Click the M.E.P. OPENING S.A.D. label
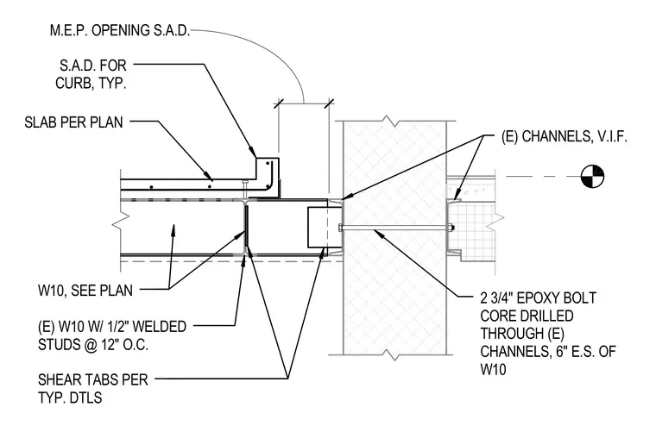pyautogui.click(x=120, y=30)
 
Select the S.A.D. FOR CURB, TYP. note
pyautogui.click(x=91, y=74)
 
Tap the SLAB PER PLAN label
pyautogui.click(x=73, y=122)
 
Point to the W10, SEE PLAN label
pyautogui.click(x=85, y=290)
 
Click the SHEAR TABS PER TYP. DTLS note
pyautogui.click(x=93, y=388)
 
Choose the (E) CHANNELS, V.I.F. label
pyautogui.click(x=565, y=136)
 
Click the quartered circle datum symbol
pyautogui.click(x=593, y=177)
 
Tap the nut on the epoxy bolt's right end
pyautogui.click(x=451, y=229)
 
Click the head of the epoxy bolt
pyautogui.click(x=340, y=229)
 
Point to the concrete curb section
pyautogui.click(x=267, y=178)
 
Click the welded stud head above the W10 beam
pyautogui.click(x=246, y=182)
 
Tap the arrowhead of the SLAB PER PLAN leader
pyautogui.click(x=209, y=178)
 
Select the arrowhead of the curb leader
pyautogui.click(x=252, y=152)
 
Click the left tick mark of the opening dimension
pyautogui.click(x=279, y=103)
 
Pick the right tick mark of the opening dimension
pyautogui.click(x=329, y=103)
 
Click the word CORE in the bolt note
pyautogui.click(x=498, y=316)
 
